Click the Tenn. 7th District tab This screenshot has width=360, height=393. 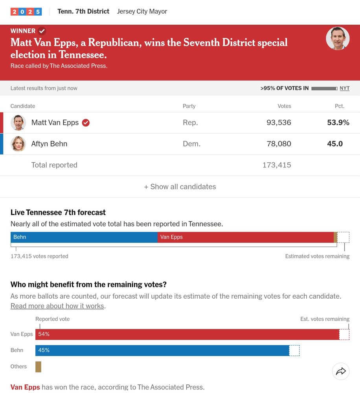click(x=83, y=11)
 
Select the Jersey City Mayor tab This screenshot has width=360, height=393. click(x=142, y=11)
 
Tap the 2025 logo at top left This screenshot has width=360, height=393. click(x=26, y=11)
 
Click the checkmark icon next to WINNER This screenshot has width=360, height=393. click(x=42, y=31)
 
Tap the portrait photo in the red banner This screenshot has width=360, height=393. click(x=338, y=39)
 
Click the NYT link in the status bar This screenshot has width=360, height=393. click(x=344, y=88)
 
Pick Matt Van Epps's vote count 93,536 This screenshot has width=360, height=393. click(x=279, y=123)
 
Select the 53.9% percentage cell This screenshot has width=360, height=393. click(x=338, y=123)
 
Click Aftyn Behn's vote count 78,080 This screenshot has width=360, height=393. click(x=279, y=144)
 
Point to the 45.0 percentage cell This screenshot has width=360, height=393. click(x=335, y=144)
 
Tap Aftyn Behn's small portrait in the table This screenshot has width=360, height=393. click(x=18, y=144)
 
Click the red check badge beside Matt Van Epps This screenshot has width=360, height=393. click(x=86, y=123)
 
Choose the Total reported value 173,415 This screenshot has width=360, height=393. click(x=277, y=165)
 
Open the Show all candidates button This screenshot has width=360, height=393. click(x=180, y=187)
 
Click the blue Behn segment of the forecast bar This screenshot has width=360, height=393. click(x=84, y=237)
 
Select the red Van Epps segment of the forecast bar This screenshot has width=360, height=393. click(x=245, y=237)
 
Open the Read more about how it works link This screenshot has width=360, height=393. click(x=57, y=306)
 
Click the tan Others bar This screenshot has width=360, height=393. click(x=38, y=367)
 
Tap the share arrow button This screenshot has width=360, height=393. click(x=341, y=371)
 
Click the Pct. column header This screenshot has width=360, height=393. click(x=340, y=106)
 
